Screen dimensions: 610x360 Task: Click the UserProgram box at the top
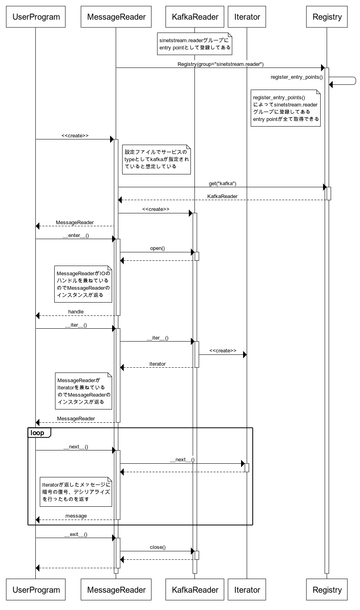pos(36,17)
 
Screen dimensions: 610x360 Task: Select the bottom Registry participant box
pos(327,590)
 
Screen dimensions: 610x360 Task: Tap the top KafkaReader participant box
pos(195,17)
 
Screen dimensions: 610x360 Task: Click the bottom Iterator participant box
pos(247,590)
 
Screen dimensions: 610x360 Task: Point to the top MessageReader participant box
pos(116,17)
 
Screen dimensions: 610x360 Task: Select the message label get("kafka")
pos(222,184)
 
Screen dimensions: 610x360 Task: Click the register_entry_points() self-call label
pos(297,77)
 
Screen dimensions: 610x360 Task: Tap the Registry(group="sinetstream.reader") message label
pos(221,64)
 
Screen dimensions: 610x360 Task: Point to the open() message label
pos(157,248)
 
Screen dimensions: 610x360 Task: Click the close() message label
pos(157,547)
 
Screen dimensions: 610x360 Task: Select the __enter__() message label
pos(76,235)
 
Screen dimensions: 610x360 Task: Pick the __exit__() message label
pos(76,534)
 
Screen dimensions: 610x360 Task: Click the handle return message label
pos(76,312)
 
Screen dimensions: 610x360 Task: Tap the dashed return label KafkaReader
pos(222,197)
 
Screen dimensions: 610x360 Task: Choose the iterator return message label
pos(157,364)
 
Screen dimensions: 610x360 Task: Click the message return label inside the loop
pos(76,516)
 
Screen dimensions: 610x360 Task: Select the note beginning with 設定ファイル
pos(156,160)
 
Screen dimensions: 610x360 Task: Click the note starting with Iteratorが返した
pos(76,491)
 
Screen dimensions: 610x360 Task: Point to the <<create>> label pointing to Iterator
pos(223,351)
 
